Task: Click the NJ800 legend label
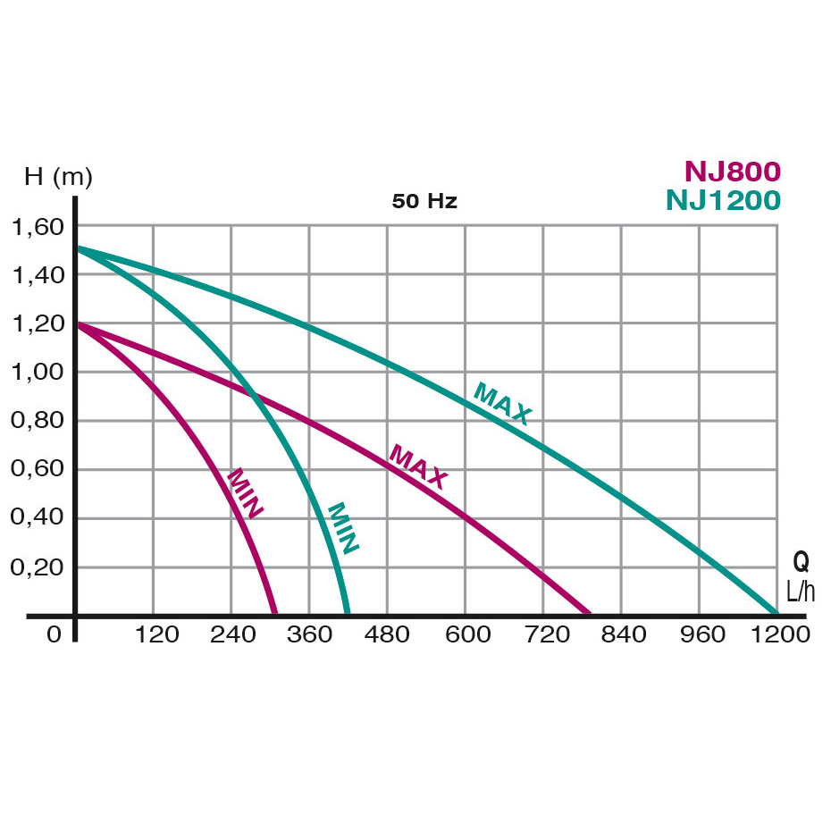(x=733, y=171)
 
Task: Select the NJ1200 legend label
(x=723, y=200)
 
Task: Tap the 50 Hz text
(x=424, y=201)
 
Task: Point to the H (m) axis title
(x=58, y=177)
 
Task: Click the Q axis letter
(x=802, y=561)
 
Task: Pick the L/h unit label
(x=801, y=591)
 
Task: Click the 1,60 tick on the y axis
(x=38, y=227)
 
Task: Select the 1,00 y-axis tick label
(x=38, y=373)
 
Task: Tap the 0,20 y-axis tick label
(x=38, y=567)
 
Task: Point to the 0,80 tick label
(x=38, y=421)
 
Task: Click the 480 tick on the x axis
(x=387, y=634)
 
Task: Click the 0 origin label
(x=55, y=634)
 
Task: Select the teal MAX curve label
(x=502, y=404)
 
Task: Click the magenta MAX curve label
(x=417, y=467)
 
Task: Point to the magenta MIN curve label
(x=245, y=493)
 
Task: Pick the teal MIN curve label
(x=343, y=528)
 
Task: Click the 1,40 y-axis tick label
(x=38, y=275)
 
